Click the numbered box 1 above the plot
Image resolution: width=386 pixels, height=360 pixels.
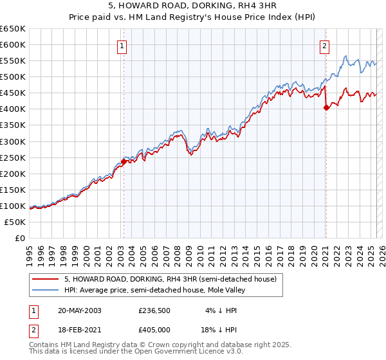[122, 46]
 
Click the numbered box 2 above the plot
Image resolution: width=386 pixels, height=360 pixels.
[325, 46]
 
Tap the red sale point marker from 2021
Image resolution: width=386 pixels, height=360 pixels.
[326, 107]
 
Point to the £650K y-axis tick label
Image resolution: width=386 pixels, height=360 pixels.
[13, 29]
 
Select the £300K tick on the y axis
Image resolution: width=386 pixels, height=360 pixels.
[13, 141]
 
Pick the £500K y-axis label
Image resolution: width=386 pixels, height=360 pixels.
[13, 77]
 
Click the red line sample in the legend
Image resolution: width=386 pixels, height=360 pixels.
[45, 279]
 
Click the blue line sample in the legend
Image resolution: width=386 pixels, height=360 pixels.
[45, 290]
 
